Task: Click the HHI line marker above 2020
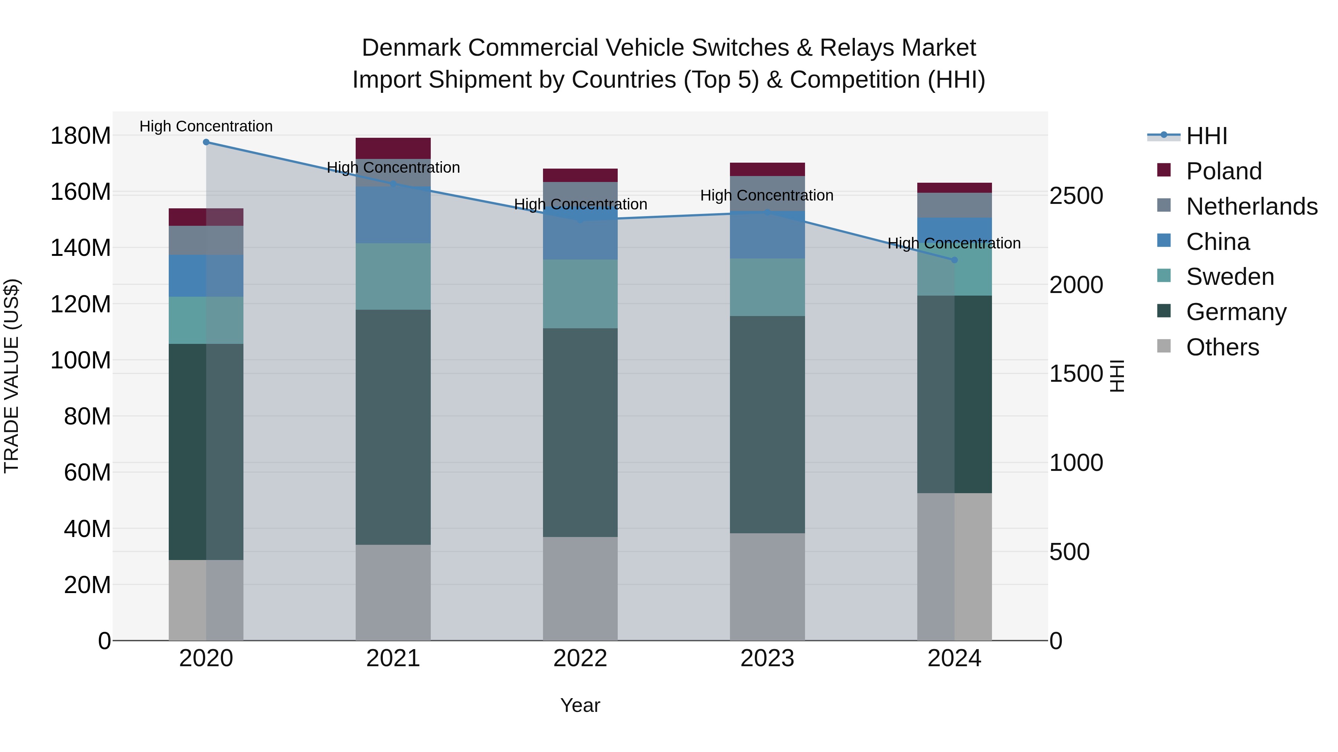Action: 206,142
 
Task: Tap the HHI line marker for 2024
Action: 954,260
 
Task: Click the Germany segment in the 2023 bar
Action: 767,424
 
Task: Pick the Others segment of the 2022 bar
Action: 580,589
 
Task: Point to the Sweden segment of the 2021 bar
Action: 393,277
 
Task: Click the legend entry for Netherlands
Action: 1252,206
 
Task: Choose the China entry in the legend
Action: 1218,242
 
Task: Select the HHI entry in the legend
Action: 1206,136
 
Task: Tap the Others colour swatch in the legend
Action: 1164,346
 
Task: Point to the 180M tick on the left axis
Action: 81,136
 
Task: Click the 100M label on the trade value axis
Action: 81,360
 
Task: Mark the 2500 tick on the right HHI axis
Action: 1076,196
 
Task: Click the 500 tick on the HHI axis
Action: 1069,552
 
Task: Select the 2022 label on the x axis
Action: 580,658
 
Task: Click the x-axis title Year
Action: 580,705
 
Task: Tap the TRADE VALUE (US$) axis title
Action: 12,376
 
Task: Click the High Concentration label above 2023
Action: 767,196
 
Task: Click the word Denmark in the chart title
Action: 411,48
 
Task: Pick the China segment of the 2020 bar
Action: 206,276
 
